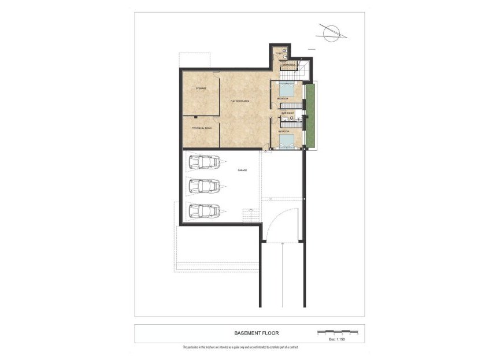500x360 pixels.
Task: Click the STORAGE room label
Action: pos(201,88)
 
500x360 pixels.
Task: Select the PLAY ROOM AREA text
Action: pos(240,101)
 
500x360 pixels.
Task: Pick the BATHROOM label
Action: pos(288,113)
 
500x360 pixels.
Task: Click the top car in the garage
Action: pos(203,163)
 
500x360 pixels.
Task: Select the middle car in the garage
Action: pos(203,186)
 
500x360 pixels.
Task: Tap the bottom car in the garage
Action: pos(203,210)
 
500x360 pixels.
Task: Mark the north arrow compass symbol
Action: pos(331,33)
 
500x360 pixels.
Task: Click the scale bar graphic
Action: pos(338,332)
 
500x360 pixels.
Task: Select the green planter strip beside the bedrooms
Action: pos(310,116)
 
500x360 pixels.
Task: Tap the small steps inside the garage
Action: pos(250,216)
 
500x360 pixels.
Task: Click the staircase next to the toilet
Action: pos(301,70)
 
